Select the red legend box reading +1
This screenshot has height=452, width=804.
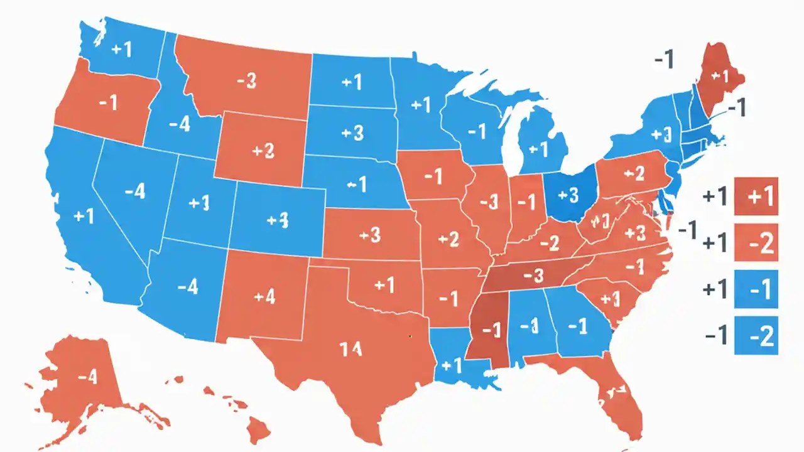(756, 196)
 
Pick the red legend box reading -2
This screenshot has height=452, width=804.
(756, 242)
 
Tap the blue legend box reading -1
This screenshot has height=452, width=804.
(756, 289)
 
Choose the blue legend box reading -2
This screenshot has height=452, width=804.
(756, 336)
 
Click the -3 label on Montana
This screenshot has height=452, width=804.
(246, 82)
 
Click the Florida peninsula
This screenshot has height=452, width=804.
(619, 402)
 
